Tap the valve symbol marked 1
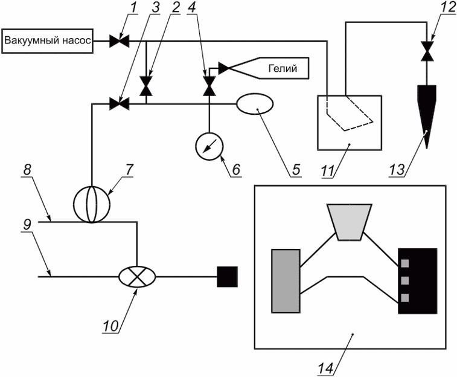[x=116, y=42]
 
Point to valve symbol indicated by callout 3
[x=116, y=104]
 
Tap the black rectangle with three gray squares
[x=417, y=280]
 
